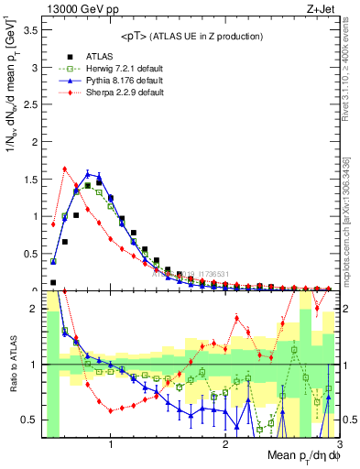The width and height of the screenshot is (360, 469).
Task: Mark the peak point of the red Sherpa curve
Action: (65, 169)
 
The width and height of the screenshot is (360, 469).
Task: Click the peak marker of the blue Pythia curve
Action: (88, 173)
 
